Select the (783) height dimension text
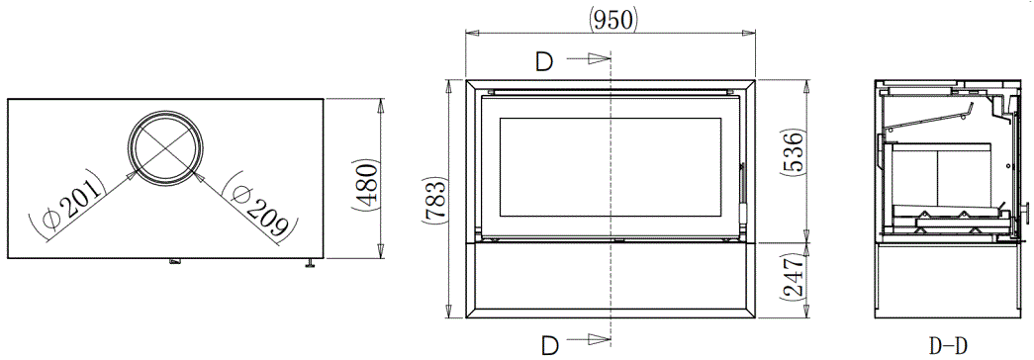[x=431, y=201]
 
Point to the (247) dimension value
[x=793, y=280]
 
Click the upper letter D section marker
[x=544, y=61]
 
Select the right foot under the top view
[x=310, y=262]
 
